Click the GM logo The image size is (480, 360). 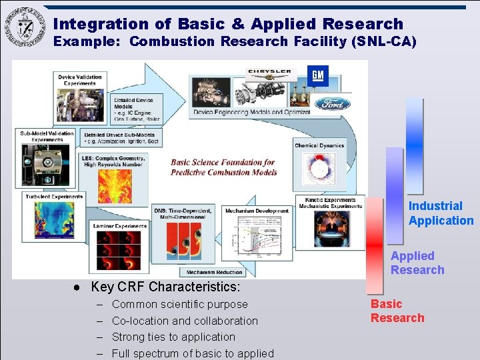point(318,75)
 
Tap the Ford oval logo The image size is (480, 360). point(332,103)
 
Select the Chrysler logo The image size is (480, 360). point(269,71)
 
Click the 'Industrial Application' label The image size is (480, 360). point(441,213)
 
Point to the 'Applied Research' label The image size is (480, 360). point(417,263)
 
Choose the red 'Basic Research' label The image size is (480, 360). point(397,311)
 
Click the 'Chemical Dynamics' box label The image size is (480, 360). point(319,145)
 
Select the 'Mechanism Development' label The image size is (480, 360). point(257,211)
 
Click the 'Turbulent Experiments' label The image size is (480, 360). point(55,197)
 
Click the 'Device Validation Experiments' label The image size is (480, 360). point(80,80)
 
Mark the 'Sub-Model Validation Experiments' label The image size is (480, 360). point(47,136)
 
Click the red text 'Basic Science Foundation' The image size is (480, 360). point(223,162)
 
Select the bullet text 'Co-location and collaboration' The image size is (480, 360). point(185,321)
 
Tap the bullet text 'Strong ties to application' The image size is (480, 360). point(173,337)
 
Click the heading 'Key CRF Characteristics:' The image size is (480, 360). point(165,287)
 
